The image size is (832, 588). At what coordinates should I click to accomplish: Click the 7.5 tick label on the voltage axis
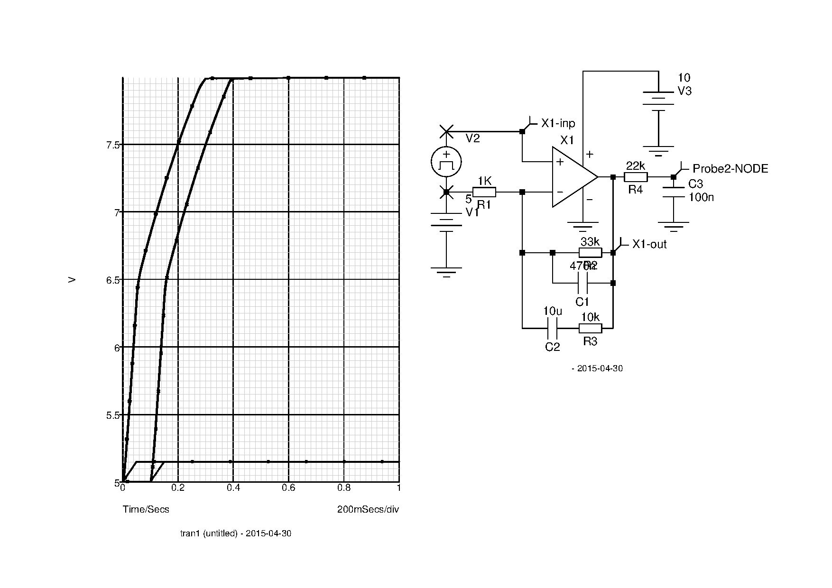(x=113, y=145)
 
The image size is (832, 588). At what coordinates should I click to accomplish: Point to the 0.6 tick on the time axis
(x=288, y=487)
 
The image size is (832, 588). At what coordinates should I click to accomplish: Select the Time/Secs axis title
(x=146, y=509)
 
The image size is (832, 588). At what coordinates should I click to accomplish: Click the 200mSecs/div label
(x=368, y=509)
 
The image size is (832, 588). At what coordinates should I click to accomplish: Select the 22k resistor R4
(x=636, y=177)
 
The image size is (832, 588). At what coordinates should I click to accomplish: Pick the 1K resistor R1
(x=484, y=192)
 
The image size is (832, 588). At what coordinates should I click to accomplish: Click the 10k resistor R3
(x=590, y=328)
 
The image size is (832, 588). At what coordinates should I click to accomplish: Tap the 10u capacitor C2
(x=553, y=328)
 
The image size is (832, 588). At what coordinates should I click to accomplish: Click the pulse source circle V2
(x=446, y=162)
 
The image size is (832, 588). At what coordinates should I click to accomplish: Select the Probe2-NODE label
(x=730, y=169)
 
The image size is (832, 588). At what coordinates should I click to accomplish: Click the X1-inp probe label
(x=558, y=124)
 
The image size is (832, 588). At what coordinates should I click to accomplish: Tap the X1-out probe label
(x=649, y=245)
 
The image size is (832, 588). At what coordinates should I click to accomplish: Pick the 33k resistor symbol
(x=590, y=253)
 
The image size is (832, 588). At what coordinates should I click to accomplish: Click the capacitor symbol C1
(x=582, y=284)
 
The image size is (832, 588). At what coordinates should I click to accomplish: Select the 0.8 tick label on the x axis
(x=344, y=487)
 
